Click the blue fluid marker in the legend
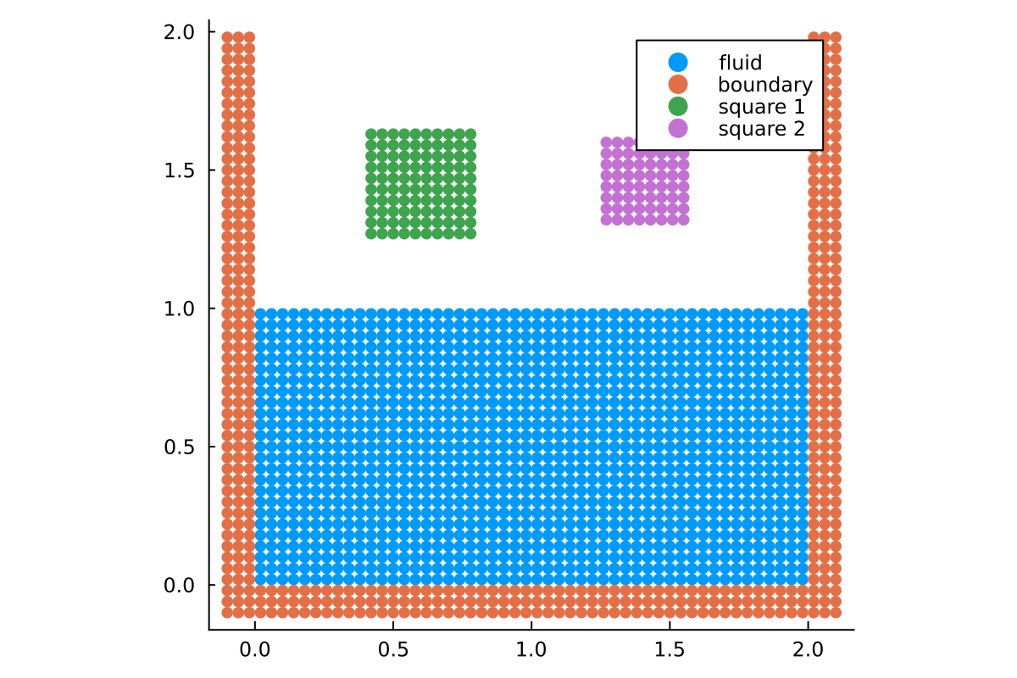678,62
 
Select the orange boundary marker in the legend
678,84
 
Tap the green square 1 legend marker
678,107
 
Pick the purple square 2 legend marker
678,129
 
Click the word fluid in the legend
740,62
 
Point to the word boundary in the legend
764,84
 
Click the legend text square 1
760,107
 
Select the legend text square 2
760,129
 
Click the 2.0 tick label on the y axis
180,31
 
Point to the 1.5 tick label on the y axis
180,169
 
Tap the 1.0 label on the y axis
180,308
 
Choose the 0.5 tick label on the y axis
180,446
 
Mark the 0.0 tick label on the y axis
180,585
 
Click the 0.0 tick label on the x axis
255,650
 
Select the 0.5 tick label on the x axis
393,650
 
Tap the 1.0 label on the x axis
531,650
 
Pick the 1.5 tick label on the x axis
670,650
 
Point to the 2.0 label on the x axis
808,650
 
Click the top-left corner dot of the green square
371,134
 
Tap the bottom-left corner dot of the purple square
606,220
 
